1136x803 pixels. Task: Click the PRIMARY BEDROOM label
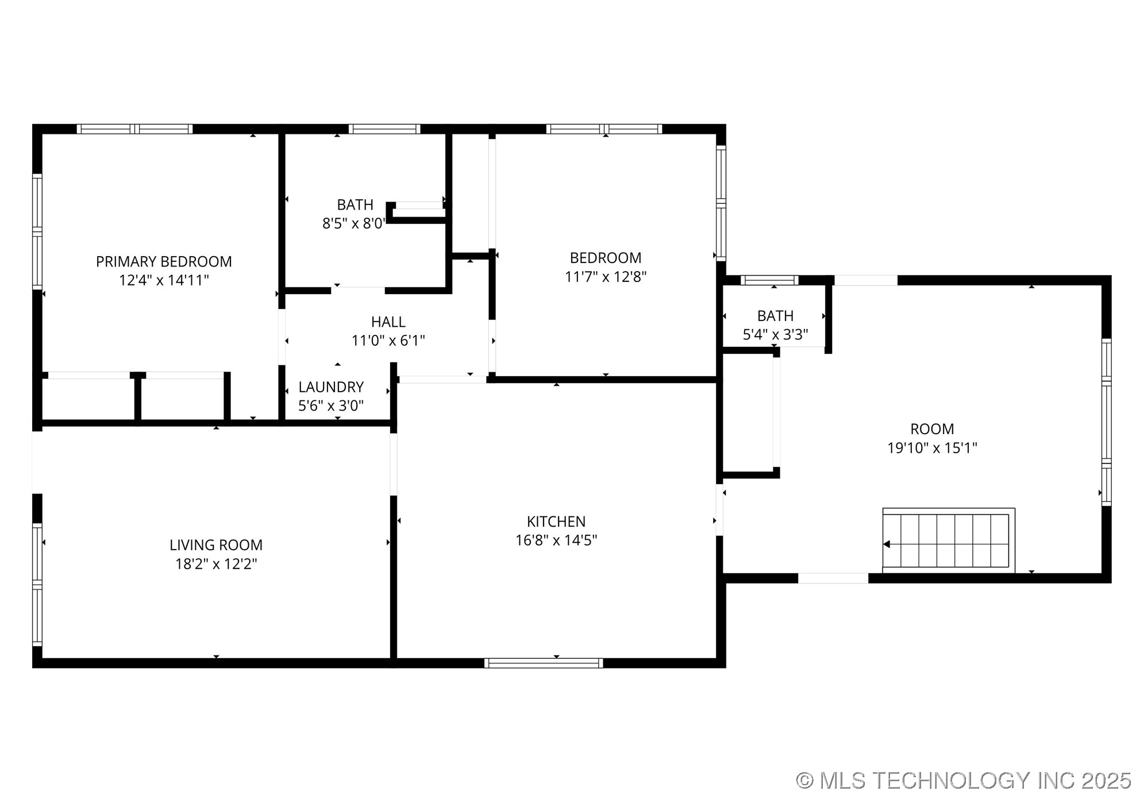point(164,261)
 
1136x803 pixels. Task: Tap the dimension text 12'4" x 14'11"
point(164,280)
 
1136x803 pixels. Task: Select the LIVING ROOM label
point(216,545)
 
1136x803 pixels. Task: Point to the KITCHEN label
point(556,522)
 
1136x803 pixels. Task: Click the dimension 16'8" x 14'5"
point(556,541)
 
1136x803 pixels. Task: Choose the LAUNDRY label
point(331,387)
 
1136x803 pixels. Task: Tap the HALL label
point(388,322)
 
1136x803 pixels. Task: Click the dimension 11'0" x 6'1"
point(388,341)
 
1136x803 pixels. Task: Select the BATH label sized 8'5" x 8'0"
point(355,204)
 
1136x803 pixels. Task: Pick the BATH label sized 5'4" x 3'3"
point(775,316)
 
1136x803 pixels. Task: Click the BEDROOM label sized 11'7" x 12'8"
point(606,257)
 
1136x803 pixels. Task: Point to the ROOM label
point(932,429)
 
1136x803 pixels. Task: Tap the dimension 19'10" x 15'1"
point(932,448)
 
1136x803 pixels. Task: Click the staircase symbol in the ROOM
point(949,541)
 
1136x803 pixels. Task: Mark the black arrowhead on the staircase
point(887,544)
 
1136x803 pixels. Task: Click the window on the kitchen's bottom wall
point(544,663)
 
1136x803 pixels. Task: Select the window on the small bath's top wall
point(769,280)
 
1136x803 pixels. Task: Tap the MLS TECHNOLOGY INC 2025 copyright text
point(963,781)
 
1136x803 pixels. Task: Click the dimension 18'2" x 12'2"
point(216,563)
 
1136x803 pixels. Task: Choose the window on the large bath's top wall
point(384,129)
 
